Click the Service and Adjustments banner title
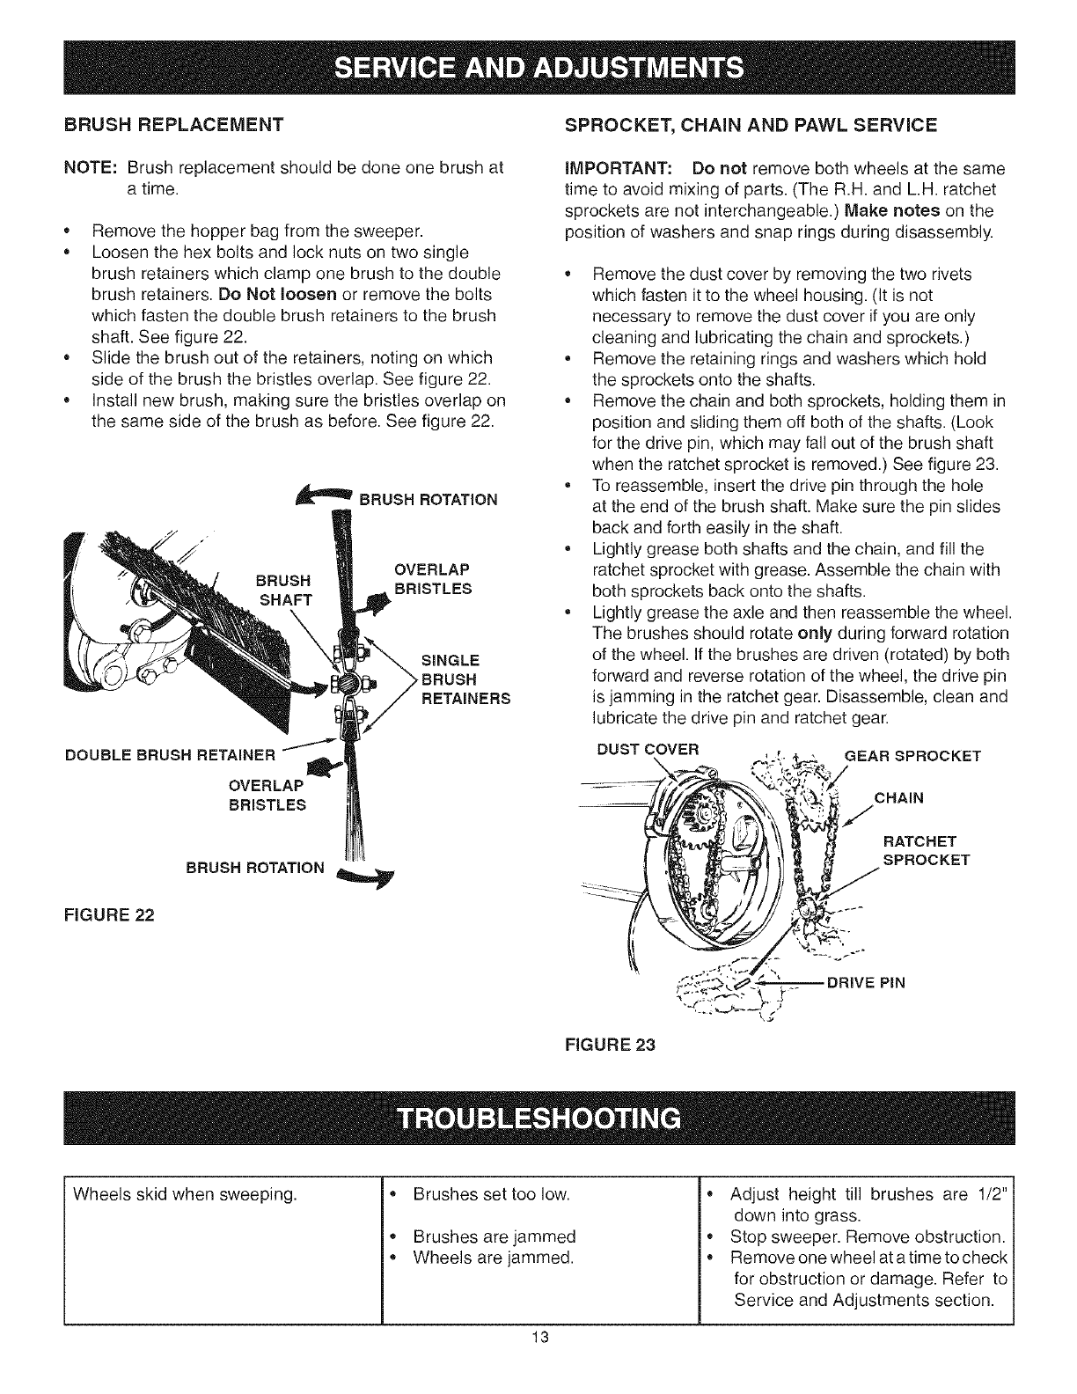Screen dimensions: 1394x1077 click(538, 68)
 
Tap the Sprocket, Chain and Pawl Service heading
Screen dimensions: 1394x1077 click(750, 123)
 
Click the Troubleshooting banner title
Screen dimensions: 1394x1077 click(538, 1118)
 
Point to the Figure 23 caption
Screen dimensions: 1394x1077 click(612, 1046)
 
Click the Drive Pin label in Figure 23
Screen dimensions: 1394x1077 click(867, 982)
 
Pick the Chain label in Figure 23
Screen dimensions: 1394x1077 click(899, 798)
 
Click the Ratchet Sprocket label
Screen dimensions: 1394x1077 click(926, 850)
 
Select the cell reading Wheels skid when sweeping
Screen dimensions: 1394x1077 click(185, 1194)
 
